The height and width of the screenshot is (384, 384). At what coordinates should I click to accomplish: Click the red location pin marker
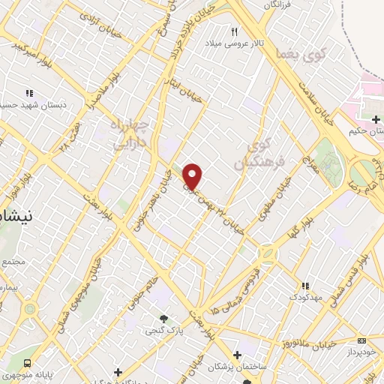coord(193,176)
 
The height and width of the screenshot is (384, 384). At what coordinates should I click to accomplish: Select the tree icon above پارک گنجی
coord(159,318)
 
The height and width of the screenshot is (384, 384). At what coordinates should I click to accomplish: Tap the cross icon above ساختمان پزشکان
coord(238,355)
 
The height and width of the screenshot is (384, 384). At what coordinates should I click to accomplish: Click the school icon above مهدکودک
coord(305,286)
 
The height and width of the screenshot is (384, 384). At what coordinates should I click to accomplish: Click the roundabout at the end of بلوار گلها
coord(268,253)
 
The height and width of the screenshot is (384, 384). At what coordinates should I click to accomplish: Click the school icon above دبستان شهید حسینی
coord(29,94)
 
